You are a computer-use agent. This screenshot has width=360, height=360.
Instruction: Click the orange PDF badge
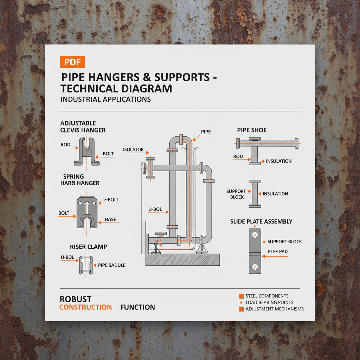click(x=72, y=62)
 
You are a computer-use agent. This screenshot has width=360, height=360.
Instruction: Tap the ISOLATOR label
click(x=133, y=150)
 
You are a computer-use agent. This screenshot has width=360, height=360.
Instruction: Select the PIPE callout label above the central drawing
click(x=206, y=131)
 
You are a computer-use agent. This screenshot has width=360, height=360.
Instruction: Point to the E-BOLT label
click(x=111, y=200)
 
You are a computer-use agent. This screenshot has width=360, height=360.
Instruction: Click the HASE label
click(x=110, y=219)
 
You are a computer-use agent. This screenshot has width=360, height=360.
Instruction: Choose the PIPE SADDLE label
click(x=111, y=265)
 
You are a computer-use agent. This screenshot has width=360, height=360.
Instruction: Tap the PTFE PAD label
click(x=278, y=251)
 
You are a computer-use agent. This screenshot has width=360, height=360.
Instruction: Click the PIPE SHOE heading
click(x=252, y=130)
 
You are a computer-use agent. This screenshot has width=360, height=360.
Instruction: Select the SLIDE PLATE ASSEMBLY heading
click(x=261, y=221)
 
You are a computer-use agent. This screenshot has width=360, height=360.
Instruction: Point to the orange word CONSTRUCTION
click(x=85, y=307)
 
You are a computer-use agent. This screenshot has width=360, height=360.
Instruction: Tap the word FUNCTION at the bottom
click(x=137, y=307)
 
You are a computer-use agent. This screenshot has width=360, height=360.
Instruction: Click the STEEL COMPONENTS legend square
click(x=241, y=296)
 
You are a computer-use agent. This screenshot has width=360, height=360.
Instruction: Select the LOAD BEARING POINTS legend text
click(x=269, y=302)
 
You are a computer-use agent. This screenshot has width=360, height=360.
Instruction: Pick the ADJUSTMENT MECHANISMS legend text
click(x=275, y=309)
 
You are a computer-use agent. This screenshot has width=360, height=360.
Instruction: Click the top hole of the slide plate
click(x=255, y=234)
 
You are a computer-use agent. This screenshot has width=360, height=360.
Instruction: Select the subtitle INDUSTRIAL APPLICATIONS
click(x=106, y=99)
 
